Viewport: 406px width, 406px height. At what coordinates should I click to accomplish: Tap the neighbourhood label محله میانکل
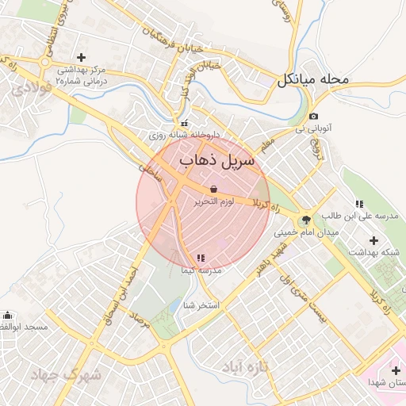312,80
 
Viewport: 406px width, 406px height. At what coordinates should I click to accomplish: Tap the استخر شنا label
200,305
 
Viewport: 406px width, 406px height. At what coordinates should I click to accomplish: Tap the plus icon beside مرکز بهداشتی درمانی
82,56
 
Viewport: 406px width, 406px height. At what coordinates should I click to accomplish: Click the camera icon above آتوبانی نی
313,117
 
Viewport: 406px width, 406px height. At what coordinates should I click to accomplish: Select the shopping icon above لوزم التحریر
214,190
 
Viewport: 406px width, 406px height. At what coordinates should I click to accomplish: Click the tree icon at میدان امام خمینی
306,220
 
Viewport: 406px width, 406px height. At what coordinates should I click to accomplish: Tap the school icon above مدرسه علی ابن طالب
359,204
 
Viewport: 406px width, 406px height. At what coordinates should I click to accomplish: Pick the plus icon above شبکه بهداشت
374,239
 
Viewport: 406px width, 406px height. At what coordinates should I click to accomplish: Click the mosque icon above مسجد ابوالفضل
8,315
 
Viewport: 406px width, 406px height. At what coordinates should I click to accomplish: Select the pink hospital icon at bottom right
396,370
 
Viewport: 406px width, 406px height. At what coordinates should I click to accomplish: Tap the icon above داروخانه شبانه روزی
185,123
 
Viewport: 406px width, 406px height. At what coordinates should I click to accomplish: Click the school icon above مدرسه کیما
200,258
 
